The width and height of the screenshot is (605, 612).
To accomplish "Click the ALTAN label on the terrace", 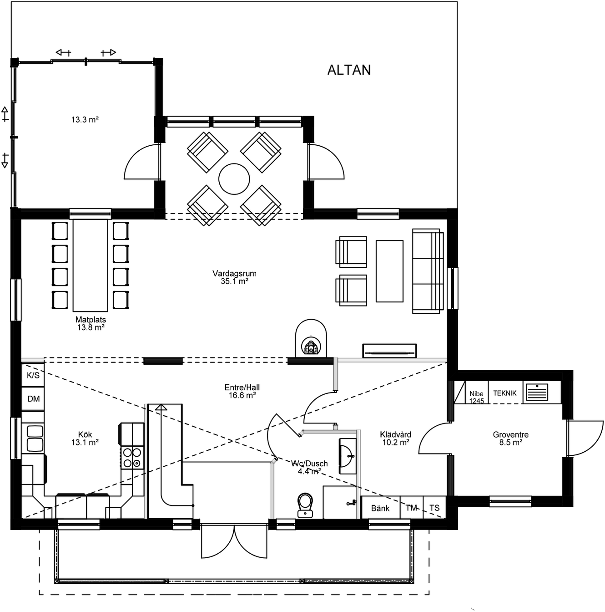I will (349, 70).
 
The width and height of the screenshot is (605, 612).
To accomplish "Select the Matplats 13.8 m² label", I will (91, 323).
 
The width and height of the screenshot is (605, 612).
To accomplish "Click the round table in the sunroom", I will (234, 179).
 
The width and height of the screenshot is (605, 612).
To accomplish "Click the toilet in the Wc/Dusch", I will (305, 505).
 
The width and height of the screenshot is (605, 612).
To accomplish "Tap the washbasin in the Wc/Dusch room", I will (347, 455).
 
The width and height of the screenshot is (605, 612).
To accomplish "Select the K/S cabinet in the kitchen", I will (33, 375).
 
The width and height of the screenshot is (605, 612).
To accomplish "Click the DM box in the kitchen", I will (33, 399).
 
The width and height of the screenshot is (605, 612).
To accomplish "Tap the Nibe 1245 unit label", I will (476, 397).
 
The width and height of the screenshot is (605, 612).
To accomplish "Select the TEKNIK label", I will (504, 393).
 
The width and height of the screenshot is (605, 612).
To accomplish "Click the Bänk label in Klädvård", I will (380, 508).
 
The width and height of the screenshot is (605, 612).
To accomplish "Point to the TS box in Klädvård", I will (434, 508).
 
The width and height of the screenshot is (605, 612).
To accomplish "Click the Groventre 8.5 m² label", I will (510, 439).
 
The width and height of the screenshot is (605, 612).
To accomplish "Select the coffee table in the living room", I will (389, 271).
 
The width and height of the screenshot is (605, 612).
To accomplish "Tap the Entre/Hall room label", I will (242, 392).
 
